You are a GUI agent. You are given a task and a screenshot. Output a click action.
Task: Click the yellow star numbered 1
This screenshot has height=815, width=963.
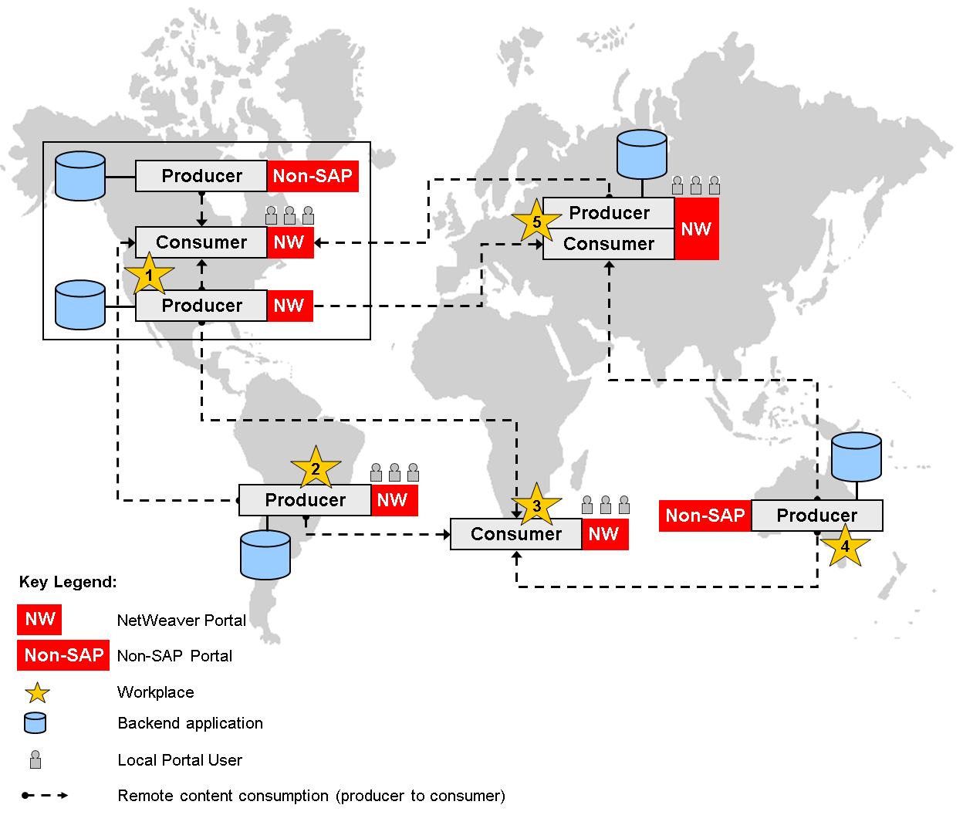[149, 276]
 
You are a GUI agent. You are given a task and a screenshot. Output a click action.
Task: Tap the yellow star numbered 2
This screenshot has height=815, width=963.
[316, 468]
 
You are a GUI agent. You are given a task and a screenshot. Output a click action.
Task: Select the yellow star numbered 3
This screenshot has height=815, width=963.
[536, 506]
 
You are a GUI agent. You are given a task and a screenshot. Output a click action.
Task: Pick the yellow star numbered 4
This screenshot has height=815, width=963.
[845, 546]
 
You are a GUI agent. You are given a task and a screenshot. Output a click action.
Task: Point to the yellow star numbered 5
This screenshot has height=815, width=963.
[536, 222]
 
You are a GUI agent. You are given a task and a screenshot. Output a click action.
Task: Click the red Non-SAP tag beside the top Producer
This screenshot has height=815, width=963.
[313, 176]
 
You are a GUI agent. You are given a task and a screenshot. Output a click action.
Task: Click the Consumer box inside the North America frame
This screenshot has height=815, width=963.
[201, 242]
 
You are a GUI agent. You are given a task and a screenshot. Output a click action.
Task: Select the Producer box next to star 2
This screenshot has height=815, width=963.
[305, 500]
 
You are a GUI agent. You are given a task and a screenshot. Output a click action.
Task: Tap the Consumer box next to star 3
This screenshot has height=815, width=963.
[515, 534]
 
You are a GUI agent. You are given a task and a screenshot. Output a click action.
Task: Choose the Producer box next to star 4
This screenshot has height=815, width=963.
[816, 516]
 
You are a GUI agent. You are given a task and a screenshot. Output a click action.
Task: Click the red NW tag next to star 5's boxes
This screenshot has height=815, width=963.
[696, 228]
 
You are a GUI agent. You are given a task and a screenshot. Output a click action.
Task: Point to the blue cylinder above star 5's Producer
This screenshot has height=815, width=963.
[642, 154]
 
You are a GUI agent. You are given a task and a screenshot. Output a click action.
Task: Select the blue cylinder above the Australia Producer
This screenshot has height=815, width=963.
[856, 456]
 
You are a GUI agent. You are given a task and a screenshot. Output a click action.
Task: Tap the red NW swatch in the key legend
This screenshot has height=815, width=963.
[39, 619]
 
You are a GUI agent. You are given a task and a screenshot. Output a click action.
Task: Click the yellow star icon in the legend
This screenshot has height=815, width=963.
[37, 692]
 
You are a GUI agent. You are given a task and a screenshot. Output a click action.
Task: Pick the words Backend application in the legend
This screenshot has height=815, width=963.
[190, 723]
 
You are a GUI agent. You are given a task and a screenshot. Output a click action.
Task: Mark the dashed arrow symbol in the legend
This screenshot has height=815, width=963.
[45, 795]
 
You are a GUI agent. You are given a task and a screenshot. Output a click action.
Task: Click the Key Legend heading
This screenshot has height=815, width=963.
[68, 582]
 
